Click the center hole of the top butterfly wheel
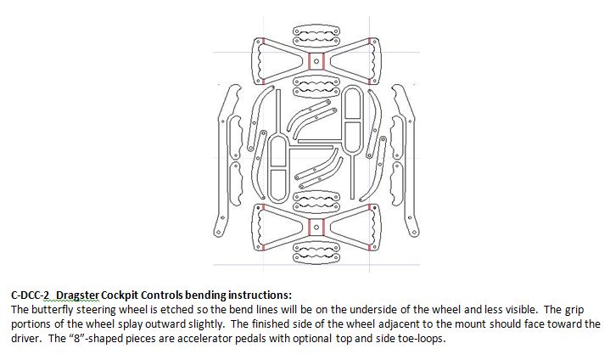pos(316,59)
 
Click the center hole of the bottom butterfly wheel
pos(316,226)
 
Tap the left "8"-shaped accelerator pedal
pos(277,160)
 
